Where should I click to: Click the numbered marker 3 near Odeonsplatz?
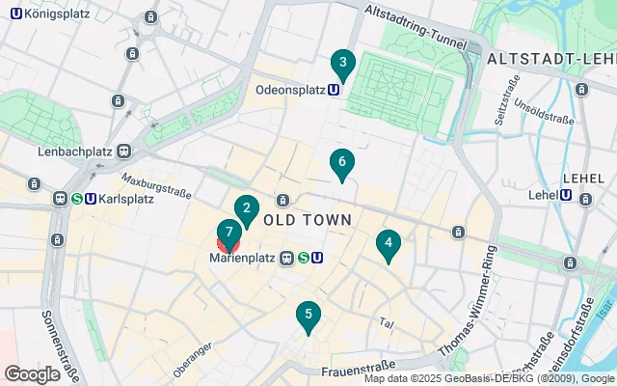pos(341,65)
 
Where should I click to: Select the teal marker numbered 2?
pos(247,208)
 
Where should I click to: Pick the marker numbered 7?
pos(228,233)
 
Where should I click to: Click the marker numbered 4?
pos(388,244)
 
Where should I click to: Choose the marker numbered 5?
pos(308,315)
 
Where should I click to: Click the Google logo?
pos(32,373)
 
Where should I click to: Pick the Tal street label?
pos(388,323)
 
